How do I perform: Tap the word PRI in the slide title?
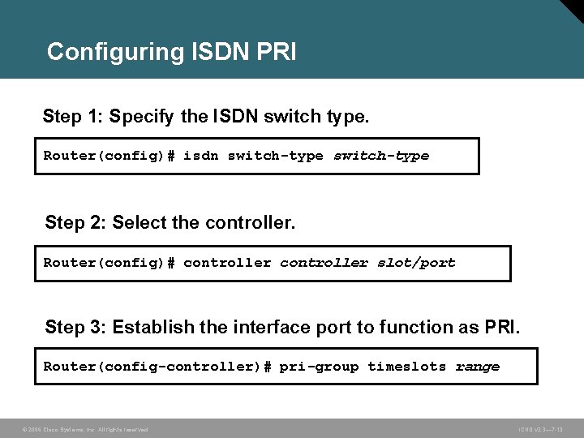point(276,52)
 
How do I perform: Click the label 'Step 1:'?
point(72,117)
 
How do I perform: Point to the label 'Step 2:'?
point(75,221)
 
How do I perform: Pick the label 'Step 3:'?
point(75,327)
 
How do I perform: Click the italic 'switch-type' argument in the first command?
point(381,156)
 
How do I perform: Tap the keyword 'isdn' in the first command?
point(201,156)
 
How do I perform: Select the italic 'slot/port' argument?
point(416,263)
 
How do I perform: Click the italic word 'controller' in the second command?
point(324,263)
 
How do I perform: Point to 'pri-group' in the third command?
point(319,367)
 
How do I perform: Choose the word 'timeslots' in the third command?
point(406,367)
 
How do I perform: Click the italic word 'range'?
point(478,367)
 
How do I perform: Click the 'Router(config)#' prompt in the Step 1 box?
point(109,156)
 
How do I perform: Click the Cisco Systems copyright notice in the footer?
point(84,429)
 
